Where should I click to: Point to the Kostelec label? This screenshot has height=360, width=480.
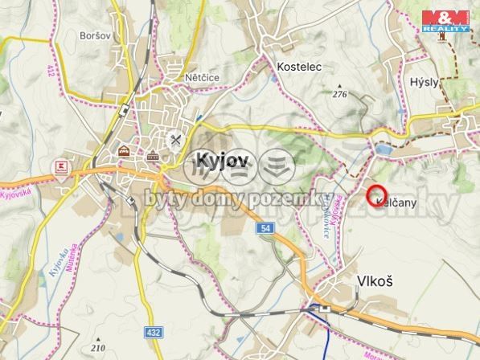[x=298, y=67]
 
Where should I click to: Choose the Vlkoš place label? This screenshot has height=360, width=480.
[x=374, y=280]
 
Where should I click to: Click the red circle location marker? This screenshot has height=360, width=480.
[x=377, y=194]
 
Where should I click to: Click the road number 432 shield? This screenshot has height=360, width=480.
[x=153, y=331]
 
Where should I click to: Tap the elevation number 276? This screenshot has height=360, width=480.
[x=339, y=95]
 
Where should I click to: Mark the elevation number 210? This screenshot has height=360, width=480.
[x=98, y=348]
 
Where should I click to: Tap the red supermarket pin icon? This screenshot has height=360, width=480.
[x=61, y=166]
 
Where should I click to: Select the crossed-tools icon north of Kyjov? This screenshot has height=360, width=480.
[x=174, y=139]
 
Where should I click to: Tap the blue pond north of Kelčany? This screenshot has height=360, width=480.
[x=384, y=150]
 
